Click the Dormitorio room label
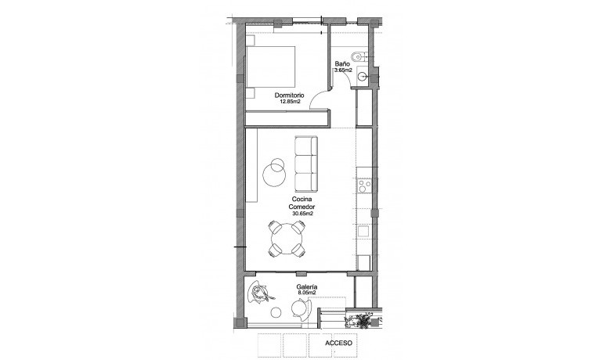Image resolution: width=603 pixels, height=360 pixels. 289,95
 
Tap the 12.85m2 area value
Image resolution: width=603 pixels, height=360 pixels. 289,101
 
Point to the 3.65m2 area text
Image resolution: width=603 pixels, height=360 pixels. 343,70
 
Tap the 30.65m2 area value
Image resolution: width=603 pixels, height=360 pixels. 302,214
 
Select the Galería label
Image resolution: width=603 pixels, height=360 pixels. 306,288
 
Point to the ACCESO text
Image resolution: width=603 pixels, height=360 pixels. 342,343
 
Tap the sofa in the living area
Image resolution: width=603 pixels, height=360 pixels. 306,164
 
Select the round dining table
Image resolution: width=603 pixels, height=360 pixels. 287,237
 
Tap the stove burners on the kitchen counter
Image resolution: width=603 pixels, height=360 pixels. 363,186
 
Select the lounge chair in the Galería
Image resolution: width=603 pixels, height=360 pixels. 261,294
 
